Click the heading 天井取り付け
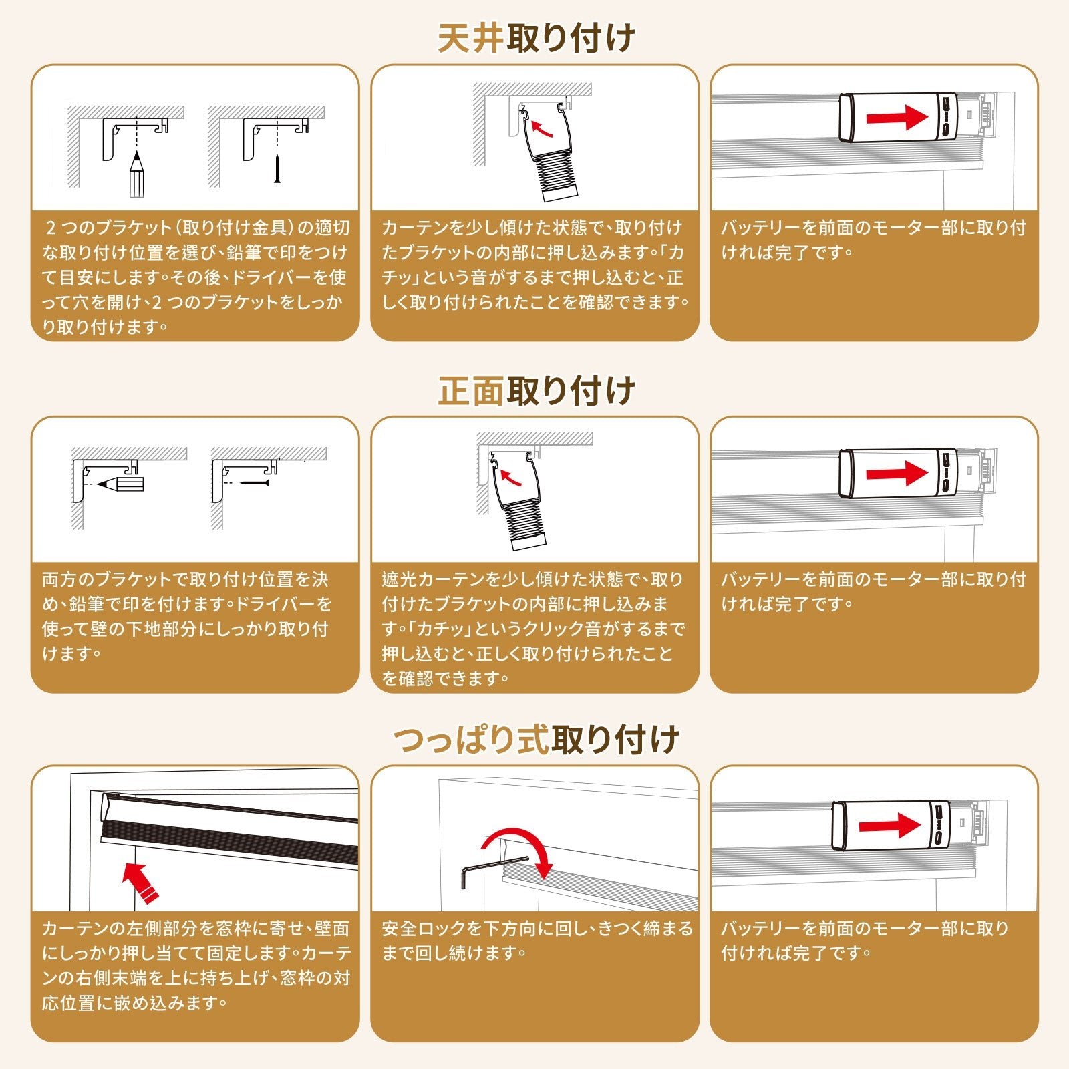coord(536,38)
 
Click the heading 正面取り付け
coord(536,390)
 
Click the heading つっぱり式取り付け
coord(536,740)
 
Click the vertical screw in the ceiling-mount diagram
coord(277,169)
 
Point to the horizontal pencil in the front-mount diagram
coord(120,482)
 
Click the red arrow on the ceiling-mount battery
coord(897,118)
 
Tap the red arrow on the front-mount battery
coord(897,474)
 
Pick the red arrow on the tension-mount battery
coord(890,826)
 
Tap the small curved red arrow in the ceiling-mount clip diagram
coord(541,127)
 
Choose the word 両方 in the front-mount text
coord(59,579)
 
